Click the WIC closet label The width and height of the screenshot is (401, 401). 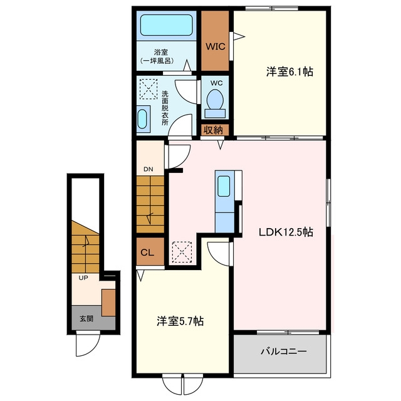click(216, 46)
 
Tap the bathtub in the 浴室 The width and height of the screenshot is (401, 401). click(166, 25)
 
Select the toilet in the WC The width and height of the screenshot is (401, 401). click(215, 103)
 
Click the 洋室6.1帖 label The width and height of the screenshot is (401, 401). click(289, 71)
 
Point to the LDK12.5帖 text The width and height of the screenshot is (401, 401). click(286, 232)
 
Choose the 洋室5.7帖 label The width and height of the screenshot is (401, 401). click(180, 321)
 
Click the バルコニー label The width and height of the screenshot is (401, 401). click(284, 351)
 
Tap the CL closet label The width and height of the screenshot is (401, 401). click(147, 253)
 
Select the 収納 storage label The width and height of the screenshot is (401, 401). click(213, 130)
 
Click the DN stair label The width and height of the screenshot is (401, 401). click(148, 169)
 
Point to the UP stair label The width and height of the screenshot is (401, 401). click(83, 278)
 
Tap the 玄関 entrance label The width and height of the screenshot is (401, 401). click(86, 319)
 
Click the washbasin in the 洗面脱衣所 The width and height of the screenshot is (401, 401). click(142, 119)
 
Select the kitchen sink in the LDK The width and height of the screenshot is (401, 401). click(224, 186)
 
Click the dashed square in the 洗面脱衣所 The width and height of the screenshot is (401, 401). click(148, 89)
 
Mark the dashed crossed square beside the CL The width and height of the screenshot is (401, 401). click(182, 252)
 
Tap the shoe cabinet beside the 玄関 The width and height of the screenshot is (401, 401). click(108, 303)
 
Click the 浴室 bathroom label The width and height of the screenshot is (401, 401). click(161, 53)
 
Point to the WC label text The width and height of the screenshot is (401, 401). click(216, 83)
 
